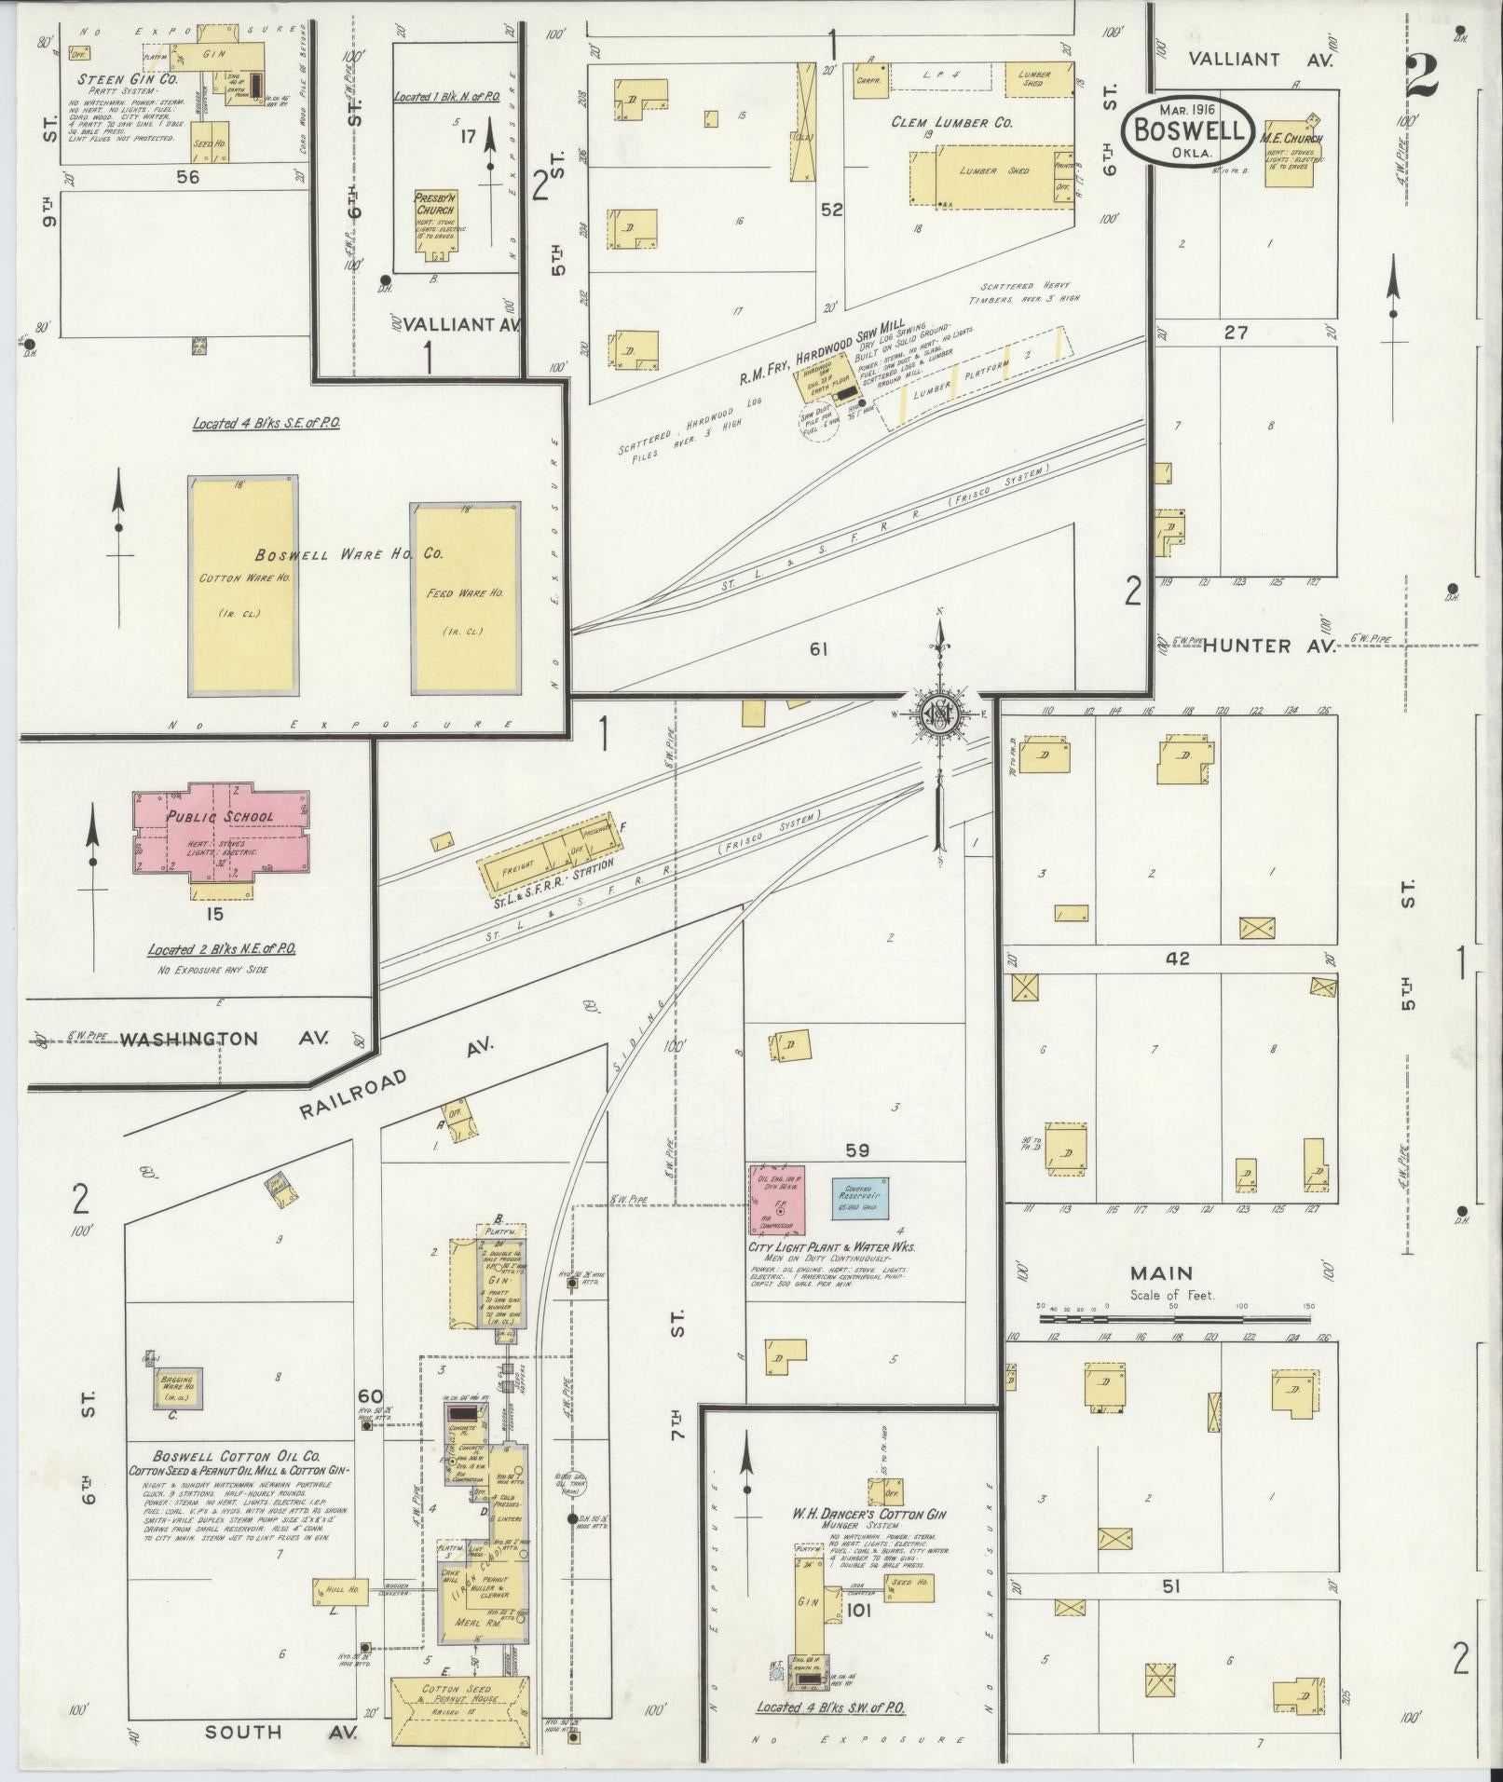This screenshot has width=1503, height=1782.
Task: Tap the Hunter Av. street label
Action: click(x=1269, y=646)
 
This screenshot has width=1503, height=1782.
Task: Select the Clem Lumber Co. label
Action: click(x=951, y=122)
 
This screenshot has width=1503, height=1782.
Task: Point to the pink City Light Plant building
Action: click(x=777, y=1198)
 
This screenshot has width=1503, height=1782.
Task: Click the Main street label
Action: click(x=1162, y=1272)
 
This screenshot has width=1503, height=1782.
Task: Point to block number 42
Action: click(x=1178, y=959)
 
